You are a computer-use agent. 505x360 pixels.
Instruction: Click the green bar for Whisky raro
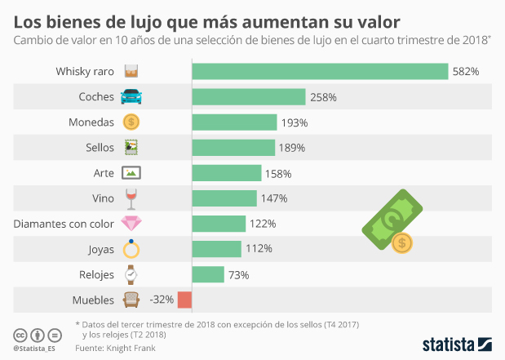(320, 71)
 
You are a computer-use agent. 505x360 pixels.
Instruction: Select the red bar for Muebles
(184, 300)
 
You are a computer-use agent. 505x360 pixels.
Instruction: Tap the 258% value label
(323, 97)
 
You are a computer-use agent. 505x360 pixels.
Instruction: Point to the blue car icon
(131, 97)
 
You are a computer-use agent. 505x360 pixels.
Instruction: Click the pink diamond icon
(131, 223)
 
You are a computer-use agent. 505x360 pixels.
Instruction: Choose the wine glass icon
(131, 198)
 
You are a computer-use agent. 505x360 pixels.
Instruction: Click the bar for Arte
(226, 173)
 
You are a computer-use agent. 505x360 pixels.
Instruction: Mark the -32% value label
(162, 300)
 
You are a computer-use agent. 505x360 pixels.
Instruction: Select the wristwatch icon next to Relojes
(131, 274)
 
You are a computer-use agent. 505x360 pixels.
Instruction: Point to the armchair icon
(131, 300)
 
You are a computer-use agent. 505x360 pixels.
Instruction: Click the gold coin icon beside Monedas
(131, 122)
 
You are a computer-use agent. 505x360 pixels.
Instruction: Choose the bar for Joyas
(216, 248)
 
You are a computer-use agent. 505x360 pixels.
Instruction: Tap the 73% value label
(238, 274)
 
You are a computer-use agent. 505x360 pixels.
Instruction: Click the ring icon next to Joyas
(131, 249)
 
